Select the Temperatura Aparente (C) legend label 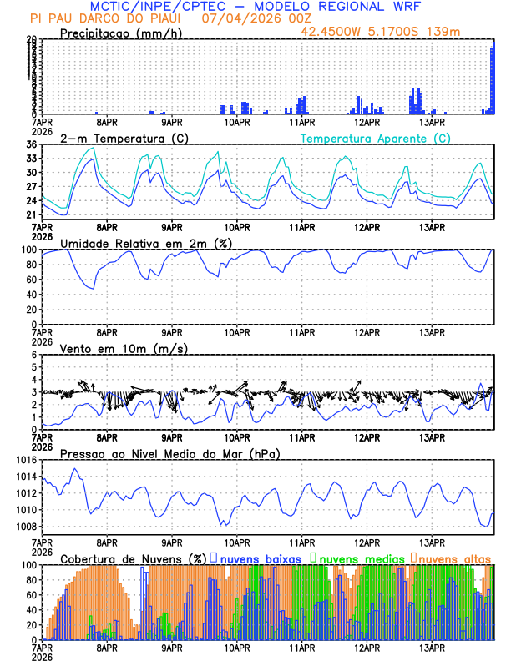(376, 138)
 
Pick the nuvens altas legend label (454, 558)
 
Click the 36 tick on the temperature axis (32, 144)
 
